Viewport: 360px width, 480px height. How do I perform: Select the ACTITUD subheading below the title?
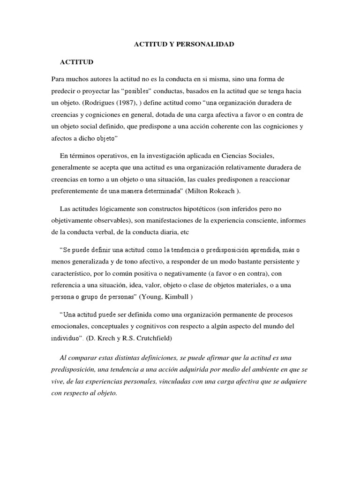76,62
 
